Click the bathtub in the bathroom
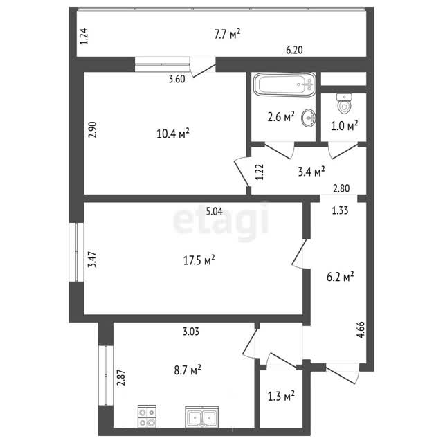[x=284, y=84]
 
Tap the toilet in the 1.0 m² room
[x=344, y=104]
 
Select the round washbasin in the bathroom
[x=309, y=118]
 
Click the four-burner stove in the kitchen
[x=147, y=416]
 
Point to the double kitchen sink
[x=201, y=417]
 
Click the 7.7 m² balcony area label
[x=227, y=34]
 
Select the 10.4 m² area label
[x=172, y=134]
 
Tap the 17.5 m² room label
[x=199, y=260]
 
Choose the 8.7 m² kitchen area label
[x=188, y=370]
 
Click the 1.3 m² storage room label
[x=281, y=397]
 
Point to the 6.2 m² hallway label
[x=341, y=277]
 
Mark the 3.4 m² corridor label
[x=311, y=172]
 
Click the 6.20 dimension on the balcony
[x=294, y=50]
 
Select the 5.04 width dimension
[x=214, y=211]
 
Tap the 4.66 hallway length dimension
[x=361, y=329]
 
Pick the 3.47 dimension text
[x=92, y=260]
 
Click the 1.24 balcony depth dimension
[x=84, y=36]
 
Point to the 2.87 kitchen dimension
[x=122, y=378]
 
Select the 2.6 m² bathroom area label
[x=281, y=117]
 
